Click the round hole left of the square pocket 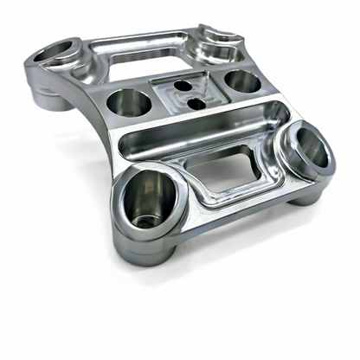point(129,102)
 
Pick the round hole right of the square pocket point(241,82)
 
